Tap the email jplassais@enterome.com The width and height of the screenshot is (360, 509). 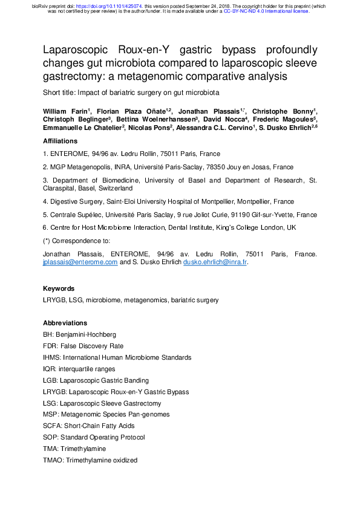click(x=80, y=262)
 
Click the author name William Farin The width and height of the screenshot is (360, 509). click(x=65, y=111)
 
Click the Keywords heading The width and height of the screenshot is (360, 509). click(x=59, y=288)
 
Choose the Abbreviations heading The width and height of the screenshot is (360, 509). click(x=65, y=323)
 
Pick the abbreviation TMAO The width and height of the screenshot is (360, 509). click(x=52, y=460)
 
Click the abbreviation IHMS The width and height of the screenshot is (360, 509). click(x=51, y=357)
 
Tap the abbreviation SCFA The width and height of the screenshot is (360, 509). click(x=51, y=426)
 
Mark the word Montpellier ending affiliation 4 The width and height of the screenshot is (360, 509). click(x=277, y=201)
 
